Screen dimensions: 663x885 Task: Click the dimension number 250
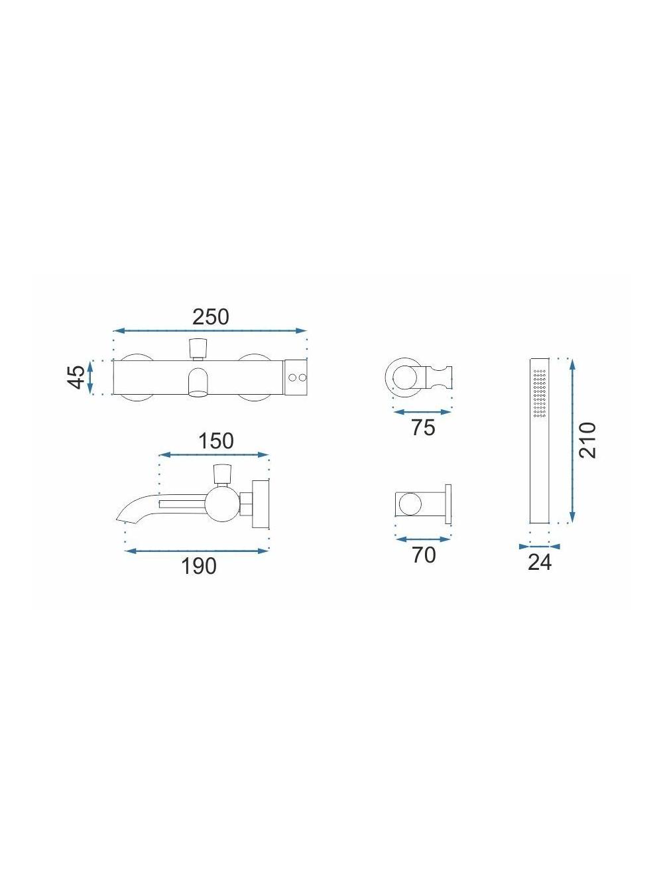210,316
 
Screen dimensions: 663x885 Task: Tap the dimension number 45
77,377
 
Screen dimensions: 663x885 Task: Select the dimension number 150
216,441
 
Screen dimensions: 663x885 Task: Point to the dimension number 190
199,566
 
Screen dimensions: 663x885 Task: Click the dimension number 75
424,427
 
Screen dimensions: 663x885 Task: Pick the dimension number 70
424,555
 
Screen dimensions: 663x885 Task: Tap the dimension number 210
587,440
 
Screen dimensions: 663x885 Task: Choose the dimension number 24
540,562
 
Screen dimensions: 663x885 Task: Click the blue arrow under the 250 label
210,330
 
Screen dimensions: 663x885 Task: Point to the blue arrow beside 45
90,377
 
